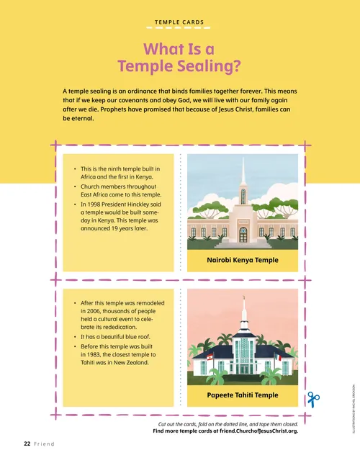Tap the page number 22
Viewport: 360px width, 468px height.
[24, 444]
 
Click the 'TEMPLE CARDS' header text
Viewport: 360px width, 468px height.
[180, 22]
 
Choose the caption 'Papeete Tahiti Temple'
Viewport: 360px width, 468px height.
[242, 395]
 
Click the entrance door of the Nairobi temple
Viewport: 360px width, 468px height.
[243, 235]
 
